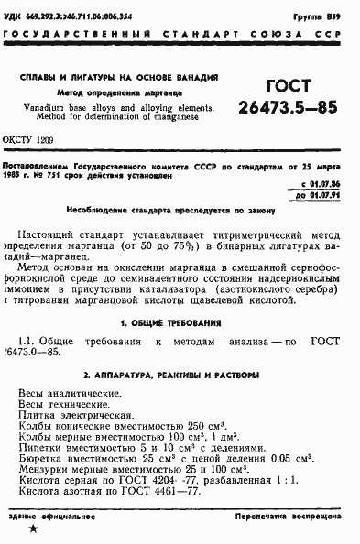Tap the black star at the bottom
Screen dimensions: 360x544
tap(34, 529)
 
